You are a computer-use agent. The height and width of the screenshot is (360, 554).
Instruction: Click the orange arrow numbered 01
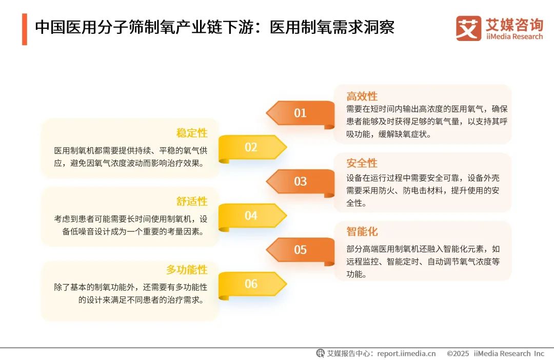pyautogui.click(x=300, y=113)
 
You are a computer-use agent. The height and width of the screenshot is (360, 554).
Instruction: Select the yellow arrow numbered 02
pyautogui.click(x=251, y=148)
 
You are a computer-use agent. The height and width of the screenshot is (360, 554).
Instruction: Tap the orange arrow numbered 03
pyautogui.click(x=300, y=182)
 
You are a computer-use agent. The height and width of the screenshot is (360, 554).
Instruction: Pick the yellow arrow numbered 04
pyautogui.click(x=251, y=216)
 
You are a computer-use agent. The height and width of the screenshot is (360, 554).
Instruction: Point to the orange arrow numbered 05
pyautogui.click(x=300, y=250)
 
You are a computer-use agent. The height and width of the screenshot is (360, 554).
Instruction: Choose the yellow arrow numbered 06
pyautogui.click(x=251, y=284)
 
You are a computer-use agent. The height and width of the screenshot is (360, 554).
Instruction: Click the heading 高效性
pyautogui.click(x=362, y=96)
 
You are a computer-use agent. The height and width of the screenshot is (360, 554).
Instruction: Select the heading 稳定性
pyautogui.click(x=192, y=133)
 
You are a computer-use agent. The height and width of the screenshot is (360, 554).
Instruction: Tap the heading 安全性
pyautogui.click(x=362, y=163)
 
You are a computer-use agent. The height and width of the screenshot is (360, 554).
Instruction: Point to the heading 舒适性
pyautogui.click(x=192, y=201)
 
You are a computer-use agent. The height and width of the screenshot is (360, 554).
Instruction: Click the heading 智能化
pyautogui.click(x=362, y=232)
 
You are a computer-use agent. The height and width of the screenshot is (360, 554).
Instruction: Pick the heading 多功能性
pyautogui.click(x=187, y=269)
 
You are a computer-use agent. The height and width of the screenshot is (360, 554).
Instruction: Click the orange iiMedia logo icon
pyautogui.click(x=468, y=28)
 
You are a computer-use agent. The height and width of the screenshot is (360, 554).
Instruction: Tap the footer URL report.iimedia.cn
pyautogui.click(x=406, y=353)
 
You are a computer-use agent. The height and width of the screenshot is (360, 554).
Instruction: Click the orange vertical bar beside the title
pyautogui.click(x=24, y=29)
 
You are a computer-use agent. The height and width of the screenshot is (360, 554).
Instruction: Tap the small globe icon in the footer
pyautogui.click(x=321, y=353)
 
